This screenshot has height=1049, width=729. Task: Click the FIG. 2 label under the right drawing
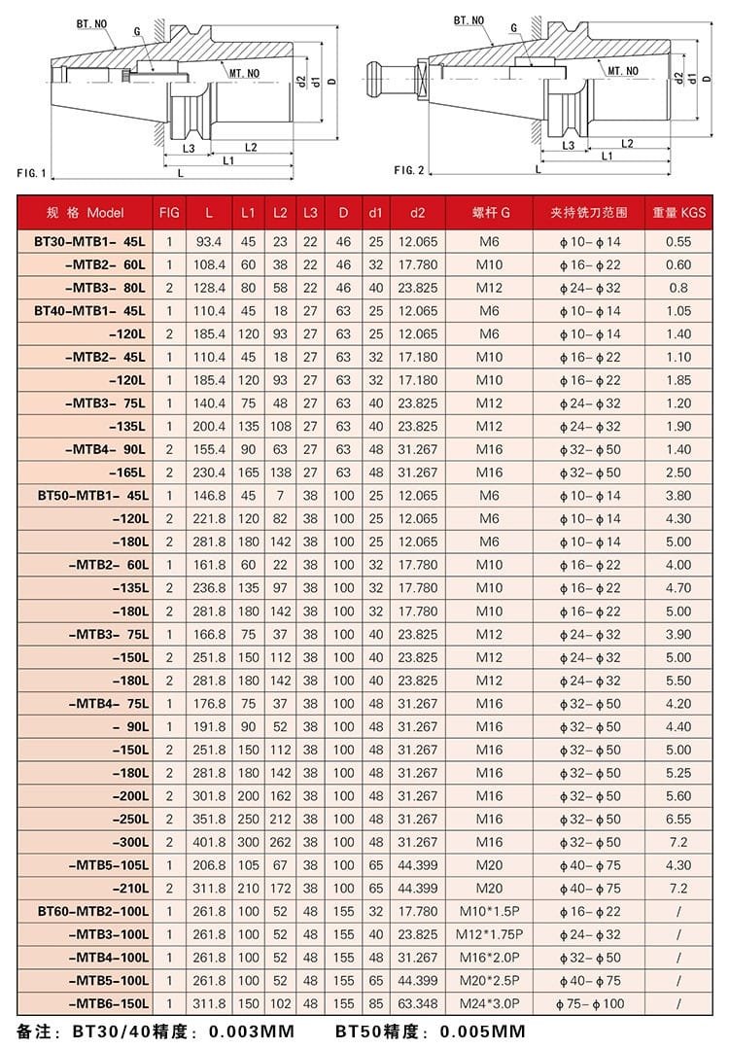(x=409, y=170)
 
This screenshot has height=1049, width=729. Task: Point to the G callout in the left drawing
(x=138, y=32)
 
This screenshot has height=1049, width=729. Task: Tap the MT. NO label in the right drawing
(x=623, y=70)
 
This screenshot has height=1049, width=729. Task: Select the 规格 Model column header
(x=87, y=212)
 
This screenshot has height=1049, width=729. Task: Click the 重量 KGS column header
(x=679, y=212)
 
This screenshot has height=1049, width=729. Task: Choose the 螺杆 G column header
(x=491, y=212)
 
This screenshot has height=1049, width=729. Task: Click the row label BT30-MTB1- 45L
(x=89, y=241)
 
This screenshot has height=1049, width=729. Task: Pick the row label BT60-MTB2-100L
(x=93, y=911)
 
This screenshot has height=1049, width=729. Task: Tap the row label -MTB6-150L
(x=109, y=1003)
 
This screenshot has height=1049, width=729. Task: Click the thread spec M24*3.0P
(x=491, y=1003)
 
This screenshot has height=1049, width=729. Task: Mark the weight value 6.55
(x=679, y=819)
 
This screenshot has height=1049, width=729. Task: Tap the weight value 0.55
(x=679, y=241)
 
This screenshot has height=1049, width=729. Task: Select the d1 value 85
(x=375, y=1003)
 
